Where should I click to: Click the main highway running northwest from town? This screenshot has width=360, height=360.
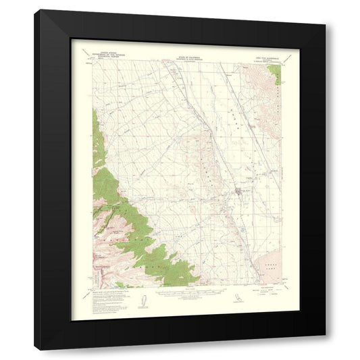pyautogui.click(x=203, y=122)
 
